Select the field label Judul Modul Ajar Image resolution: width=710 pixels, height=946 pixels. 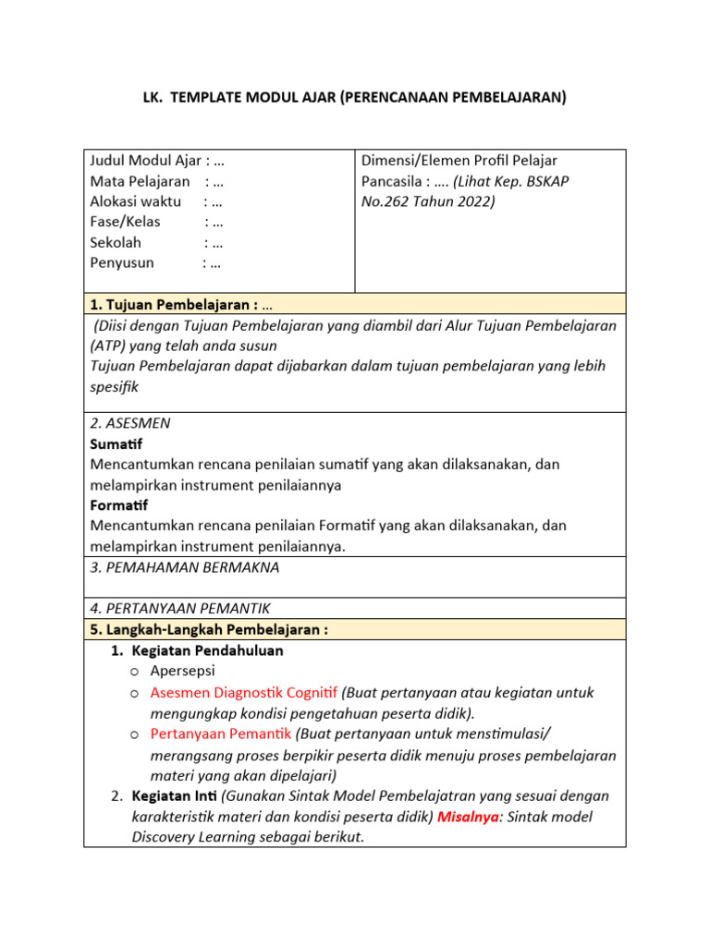point(145,161)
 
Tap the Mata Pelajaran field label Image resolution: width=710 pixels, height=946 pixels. point(140,181)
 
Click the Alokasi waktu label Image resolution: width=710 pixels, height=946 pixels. point(135,201)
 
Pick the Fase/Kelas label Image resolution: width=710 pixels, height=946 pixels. point(125,222)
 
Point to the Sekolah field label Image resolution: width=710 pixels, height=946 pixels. point(116,242)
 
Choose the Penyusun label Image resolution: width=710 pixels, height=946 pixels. point(122,262)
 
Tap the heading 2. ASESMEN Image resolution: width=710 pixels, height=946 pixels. point(130,423)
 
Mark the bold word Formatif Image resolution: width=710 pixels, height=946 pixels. point(119,505)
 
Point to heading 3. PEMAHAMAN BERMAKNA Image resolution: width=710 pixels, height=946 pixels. point(185,567)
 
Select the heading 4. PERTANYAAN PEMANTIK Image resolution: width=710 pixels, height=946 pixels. point(180,609)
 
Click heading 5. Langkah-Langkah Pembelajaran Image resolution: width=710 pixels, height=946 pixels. point(208,629)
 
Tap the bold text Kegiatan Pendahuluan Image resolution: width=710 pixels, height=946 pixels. point(207,650)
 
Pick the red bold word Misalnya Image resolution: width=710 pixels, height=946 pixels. point(468,817)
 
